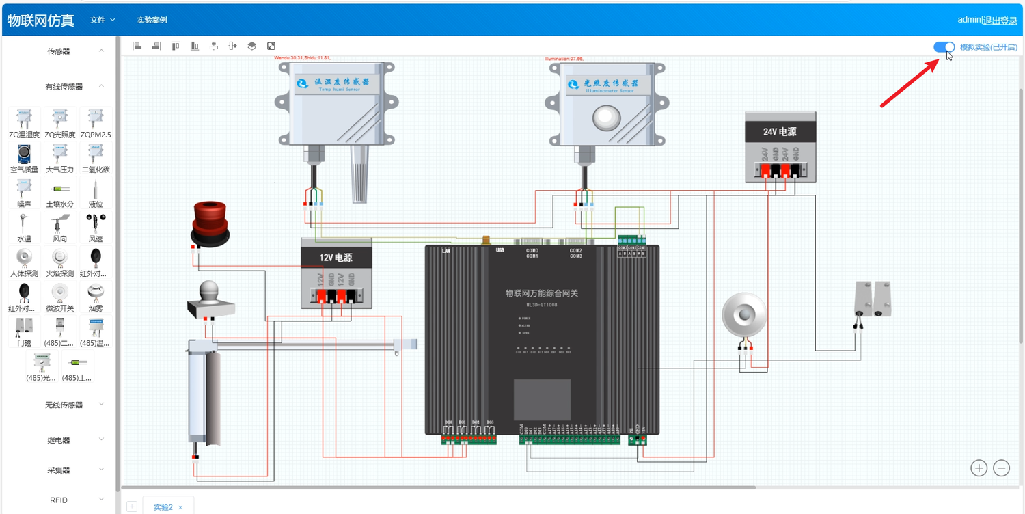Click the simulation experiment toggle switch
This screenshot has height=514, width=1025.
[x=944, y=46]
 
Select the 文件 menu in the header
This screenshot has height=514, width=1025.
[x=102, y=20]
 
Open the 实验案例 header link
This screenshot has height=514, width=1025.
[x=152, y=20]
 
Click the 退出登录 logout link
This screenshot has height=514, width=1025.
[x=1000, y=20]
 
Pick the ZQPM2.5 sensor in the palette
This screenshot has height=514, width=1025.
[x=96, y=123]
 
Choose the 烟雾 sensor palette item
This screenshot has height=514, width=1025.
[x=96, y=297]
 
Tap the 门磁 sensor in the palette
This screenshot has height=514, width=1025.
[x=24, y=332]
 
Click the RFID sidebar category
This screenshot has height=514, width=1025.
[x=59, y=500]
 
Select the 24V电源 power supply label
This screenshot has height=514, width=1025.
[x=780, y=132]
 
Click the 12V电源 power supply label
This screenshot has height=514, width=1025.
[x=336, y=258]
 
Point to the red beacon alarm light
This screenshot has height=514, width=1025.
[x=210, y=222]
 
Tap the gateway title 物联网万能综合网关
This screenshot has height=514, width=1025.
[x=542, y=293]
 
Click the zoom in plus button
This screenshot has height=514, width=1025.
[x=979, y=468]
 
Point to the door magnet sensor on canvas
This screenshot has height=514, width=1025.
[x=873, y=299]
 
